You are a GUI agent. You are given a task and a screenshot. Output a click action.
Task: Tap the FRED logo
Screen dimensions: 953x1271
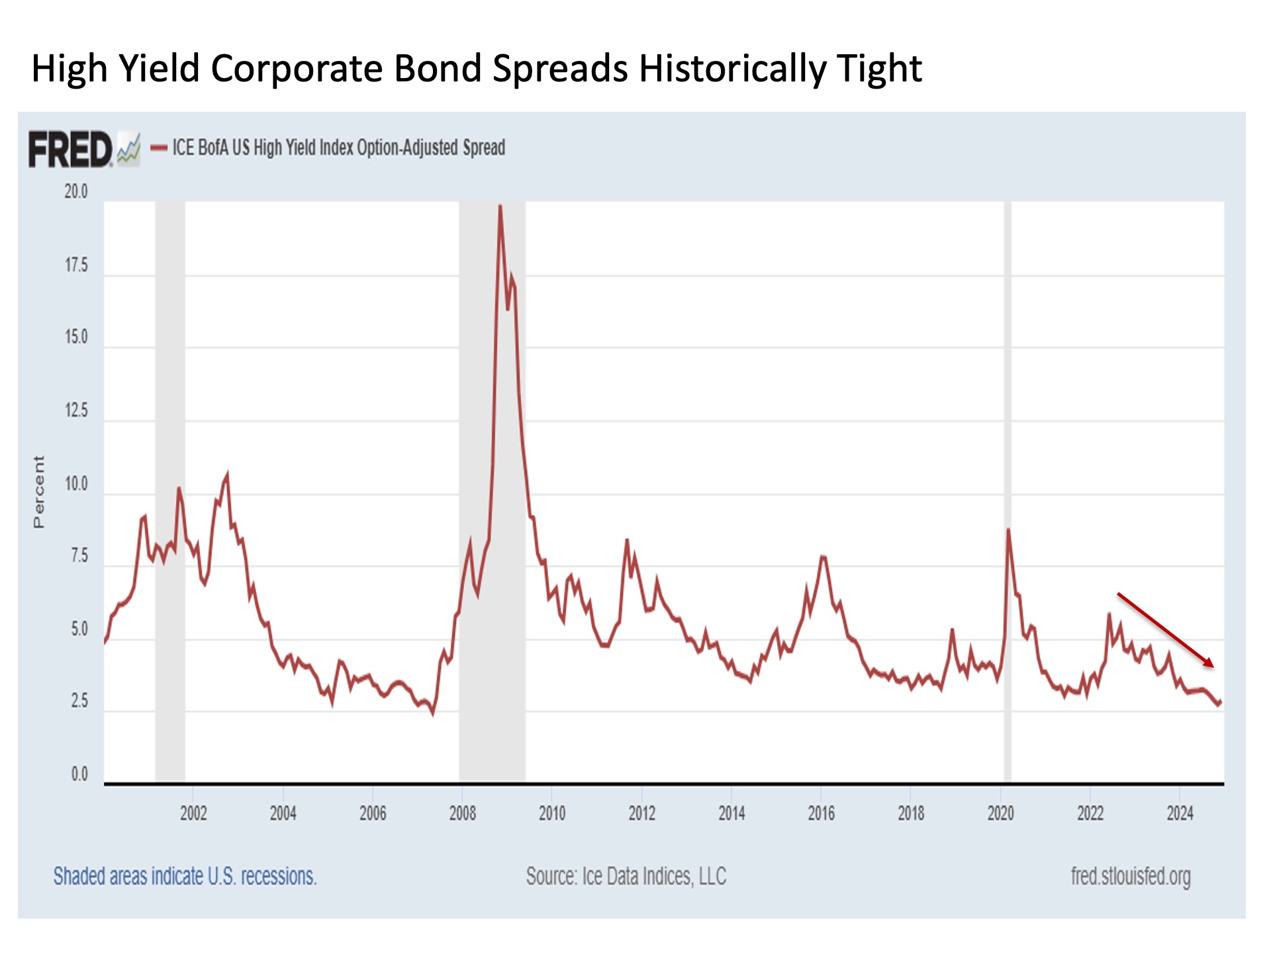click(x=70, y=150)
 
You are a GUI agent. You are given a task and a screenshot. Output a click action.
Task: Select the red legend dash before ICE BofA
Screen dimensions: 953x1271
click(x=159, y=148)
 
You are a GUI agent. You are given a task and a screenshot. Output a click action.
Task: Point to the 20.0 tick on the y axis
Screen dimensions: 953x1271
click(x=75, y=192)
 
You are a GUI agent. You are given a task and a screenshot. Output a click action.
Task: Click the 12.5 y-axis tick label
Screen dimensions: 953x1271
click(x=75, y=410)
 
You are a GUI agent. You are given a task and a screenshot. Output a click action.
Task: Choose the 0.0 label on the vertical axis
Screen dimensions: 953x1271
click(x=79, y=774)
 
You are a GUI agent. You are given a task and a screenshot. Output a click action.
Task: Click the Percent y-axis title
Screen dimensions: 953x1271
click(x=39, y=491)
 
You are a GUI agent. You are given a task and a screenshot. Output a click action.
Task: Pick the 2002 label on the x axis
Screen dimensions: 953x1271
click(x=193, y=813)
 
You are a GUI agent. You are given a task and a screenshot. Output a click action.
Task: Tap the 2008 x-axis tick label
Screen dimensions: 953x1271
click(x=462, y=813)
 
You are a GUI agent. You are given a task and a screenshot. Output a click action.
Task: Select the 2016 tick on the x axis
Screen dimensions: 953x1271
click(x=821, y=813)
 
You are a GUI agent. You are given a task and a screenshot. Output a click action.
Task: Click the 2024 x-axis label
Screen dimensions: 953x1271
click(x=1180, y=813)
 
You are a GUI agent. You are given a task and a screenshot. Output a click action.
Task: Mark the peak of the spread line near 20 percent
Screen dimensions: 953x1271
click(x=500, y=206)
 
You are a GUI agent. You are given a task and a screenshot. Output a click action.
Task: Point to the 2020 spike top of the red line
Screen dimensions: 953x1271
click(x=1008, y=529)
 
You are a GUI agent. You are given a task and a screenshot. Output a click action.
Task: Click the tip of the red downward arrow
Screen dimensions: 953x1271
click(x=1213, y=666)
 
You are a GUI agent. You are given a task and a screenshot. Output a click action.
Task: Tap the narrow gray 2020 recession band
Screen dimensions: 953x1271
click(x=1008, y=463)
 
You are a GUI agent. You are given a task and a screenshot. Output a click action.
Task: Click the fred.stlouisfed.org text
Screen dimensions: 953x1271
click(x=1131, y=876)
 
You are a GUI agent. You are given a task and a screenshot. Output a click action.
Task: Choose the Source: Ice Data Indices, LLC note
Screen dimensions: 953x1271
click(x=626, y=876)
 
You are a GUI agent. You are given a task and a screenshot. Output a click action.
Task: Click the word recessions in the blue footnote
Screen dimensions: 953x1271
click(x=278, y=876)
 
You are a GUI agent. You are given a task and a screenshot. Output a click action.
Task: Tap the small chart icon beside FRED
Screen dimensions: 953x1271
click(x=128, y=149)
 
